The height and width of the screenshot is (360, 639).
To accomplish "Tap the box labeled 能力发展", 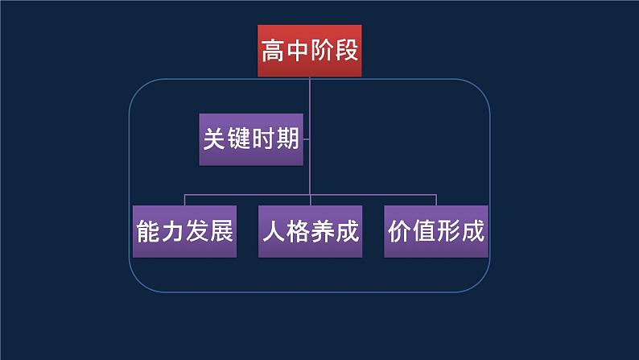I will point(184,232).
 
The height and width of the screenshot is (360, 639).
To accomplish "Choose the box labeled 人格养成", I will point(310,232).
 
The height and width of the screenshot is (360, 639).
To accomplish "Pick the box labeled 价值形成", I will point(436,232).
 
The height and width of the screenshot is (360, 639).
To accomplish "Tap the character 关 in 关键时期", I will point(212,139).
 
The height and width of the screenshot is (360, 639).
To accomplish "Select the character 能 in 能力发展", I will point(148,232).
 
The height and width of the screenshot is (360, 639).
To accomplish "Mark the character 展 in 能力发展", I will point(221,232).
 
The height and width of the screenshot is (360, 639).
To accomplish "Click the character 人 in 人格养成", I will point(274,232).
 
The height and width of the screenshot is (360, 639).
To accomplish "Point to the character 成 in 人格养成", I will point(347,232).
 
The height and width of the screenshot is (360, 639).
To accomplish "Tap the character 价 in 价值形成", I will point(400,232).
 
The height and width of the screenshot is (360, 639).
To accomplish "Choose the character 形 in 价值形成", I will point(448,232).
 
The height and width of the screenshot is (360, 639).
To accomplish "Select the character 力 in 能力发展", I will point(172,232).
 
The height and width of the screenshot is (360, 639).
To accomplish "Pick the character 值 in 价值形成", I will point(424,232).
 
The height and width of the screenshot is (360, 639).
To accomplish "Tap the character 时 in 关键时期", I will point(262,139).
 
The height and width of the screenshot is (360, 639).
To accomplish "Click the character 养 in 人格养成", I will point(322,232).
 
